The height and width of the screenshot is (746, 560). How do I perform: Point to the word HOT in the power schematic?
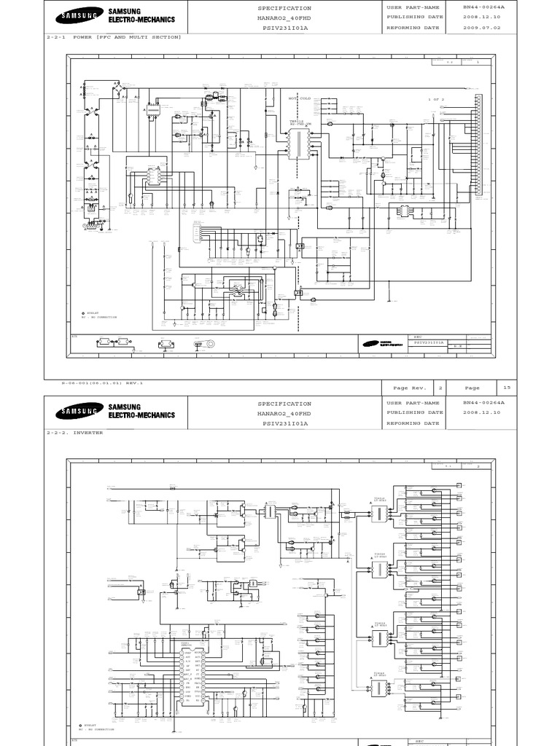(294, 98)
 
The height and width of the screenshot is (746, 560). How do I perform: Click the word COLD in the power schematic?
(314, 98)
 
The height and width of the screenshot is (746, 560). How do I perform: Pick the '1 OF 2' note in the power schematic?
(436, 98)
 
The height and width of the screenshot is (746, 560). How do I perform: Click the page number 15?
(507, 388)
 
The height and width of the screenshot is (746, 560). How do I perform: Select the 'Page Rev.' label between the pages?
(411, 388)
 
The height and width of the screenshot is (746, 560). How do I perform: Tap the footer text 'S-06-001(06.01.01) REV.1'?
(102, 382)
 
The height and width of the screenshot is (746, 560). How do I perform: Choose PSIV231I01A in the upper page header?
(284, 28)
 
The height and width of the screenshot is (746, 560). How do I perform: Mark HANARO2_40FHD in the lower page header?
(284, 413)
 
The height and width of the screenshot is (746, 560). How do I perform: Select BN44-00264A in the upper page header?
(483, 7)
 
